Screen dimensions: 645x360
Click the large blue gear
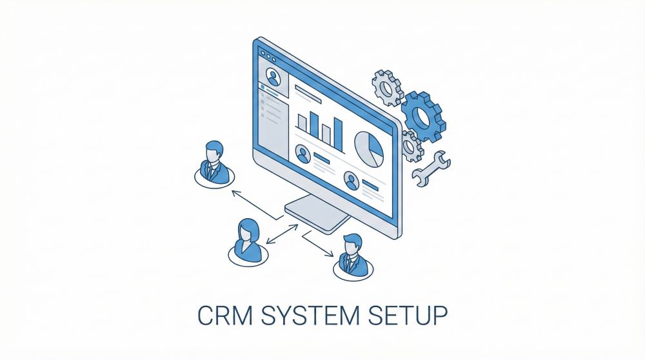click(423, 116)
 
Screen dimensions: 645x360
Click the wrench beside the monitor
click(431, 168)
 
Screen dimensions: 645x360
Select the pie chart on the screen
click(369, 149)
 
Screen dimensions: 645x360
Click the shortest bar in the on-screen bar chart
click(302, 123)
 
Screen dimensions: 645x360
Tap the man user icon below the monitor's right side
click(353, 258)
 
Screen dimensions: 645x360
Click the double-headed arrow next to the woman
click(283, 234)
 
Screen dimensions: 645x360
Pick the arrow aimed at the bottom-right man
click(317, 245)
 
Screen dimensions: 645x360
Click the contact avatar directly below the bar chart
click(303, 154)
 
